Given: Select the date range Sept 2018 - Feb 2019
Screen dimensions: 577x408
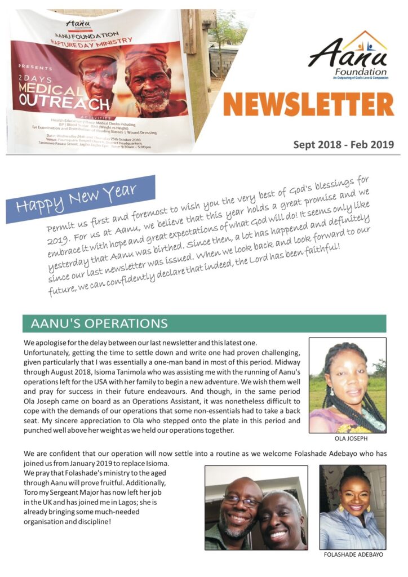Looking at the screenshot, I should (343, 145).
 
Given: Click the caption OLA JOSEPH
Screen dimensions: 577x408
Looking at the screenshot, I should (347, 438).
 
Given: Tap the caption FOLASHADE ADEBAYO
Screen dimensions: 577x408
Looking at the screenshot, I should (353, 555).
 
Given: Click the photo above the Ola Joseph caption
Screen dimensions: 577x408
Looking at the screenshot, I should (347, 385).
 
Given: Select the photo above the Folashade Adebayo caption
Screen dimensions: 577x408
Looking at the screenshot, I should (353, 507).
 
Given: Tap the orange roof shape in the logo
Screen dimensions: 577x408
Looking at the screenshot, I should (367, 41).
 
